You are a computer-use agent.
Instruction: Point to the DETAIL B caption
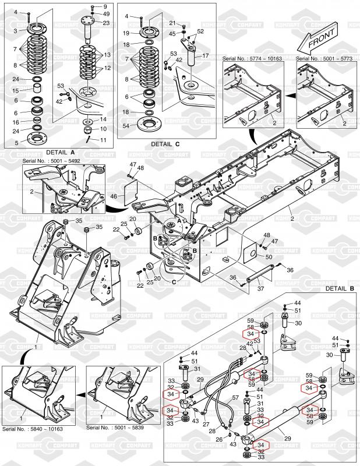tap(340, 288)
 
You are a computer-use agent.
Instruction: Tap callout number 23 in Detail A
tap(105, 22)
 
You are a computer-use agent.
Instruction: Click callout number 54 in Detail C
tap(126, 125)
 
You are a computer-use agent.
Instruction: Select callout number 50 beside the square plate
tap(269, 257)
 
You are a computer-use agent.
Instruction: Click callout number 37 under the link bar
tap(261, 288)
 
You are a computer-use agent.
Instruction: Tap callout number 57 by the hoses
tap(237, 398)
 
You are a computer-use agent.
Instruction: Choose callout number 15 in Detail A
tap(16, 90)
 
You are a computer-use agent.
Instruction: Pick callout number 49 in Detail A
tap(105, 13)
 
